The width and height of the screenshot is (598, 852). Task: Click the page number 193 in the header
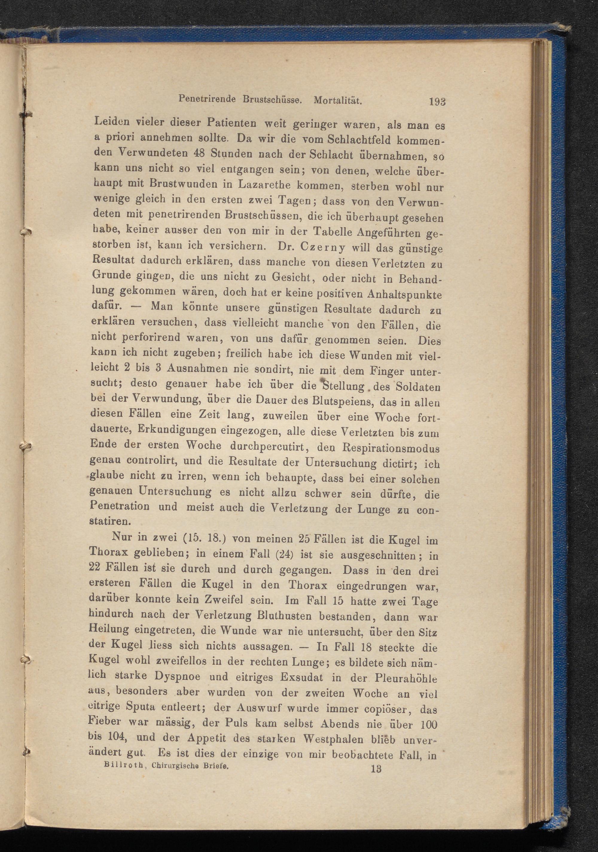click(437, 101)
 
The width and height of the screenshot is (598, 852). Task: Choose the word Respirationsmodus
click(391, 449)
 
